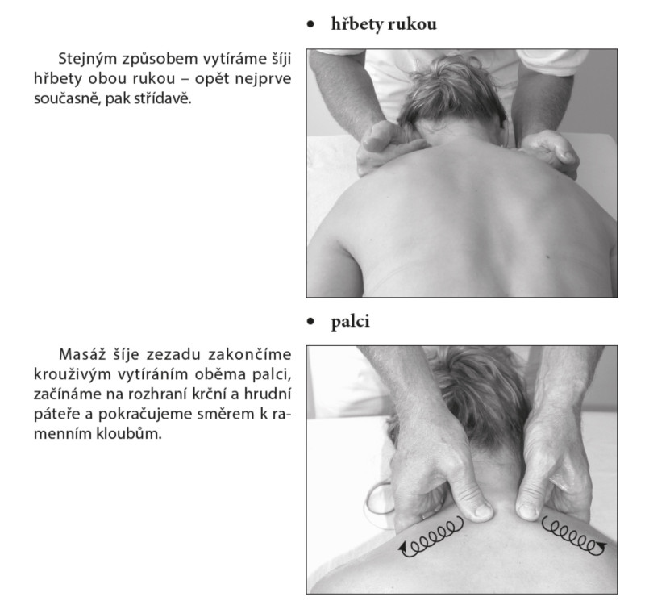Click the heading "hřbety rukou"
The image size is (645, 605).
click(x=384, y=24)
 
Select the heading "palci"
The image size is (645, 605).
click(x=351, y=321)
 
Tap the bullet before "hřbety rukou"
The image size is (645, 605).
click(x=310, y=25)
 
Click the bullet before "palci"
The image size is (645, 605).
click(x=310, y=321)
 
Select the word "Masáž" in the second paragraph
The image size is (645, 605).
click(x=81, y=354)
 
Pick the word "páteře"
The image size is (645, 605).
click(x=56, y=414)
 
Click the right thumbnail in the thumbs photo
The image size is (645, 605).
click(x=526, y=511)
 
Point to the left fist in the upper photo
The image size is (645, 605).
click(x=385, y=148)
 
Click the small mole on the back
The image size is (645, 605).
click(x=549, y=257)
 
